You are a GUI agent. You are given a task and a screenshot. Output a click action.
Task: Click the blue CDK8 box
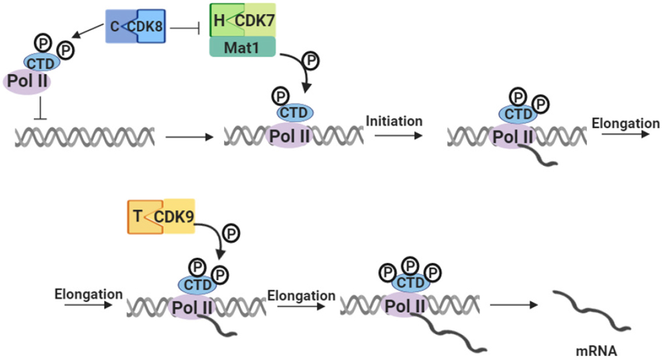(x=148, y=26)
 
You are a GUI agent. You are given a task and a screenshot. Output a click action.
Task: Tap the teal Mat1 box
(x=243, y=47)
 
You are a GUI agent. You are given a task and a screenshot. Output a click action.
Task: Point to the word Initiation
(x=394, y=121)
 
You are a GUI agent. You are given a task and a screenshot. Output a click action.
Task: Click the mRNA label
(x=596, y=351)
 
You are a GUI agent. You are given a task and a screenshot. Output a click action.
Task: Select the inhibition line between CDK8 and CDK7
(x=184, y=28)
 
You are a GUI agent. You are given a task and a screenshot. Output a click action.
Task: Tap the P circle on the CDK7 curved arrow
(x=311, y=60)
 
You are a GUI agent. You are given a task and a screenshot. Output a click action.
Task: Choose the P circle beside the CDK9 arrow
(x=231, y=233)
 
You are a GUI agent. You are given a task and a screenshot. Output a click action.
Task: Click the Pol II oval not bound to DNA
(x=27, y=81)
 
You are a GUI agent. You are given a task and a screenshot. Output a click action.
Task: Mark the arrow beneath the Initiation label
(x=398, y=136)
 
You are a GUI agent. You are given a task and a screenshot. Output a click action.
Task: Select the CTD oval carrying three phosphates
(x=410, y=282)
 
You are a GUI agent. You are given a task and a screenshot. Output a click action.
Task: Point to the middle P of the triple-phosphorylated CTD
(x=410, y=266)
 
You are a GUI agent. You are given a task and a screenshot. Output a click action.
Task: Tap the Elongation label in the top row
(x=625, y=124)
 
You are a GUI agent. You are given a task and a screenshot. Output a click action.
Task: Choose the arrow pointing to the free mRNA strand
(x=514, y=305)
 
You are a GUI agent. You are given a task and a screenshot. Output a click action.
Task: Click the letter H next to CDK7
(x=219, y=20)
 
